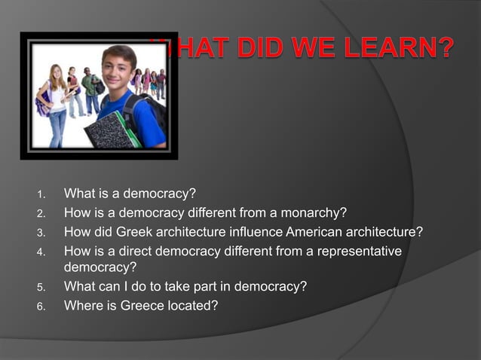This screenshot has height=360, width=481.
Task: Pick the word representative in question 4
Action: pos(361,250)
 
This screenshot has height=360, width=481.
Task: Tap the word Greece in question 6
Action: pos(146,305)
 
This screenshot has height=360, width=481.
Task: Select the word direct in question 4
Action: pos(155,250)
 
